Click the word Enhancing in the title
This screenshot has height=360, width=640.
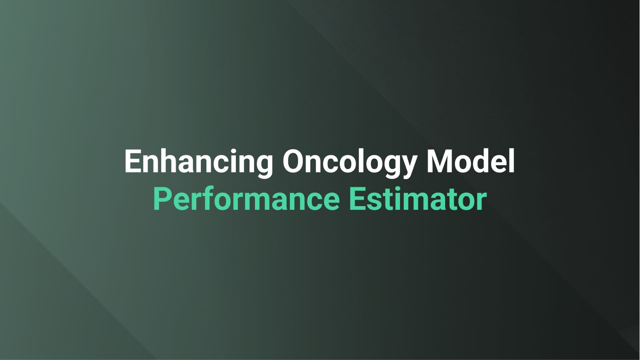coord(199,161)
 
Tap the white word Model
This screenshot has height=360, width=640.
coord(471,161)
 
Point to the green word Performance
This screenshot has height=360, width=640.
coord(246,199)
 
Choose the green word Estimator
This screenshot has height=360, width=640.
coord(418,199)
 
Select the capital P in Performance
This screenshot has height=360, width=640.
coord(162,199)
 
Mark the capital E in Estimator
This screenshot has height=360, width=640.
coord(357,199)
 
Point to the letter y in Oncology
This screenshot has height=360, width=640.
coord(407,164)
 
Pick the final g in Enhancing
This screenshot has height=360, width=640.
coord(263,164)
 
